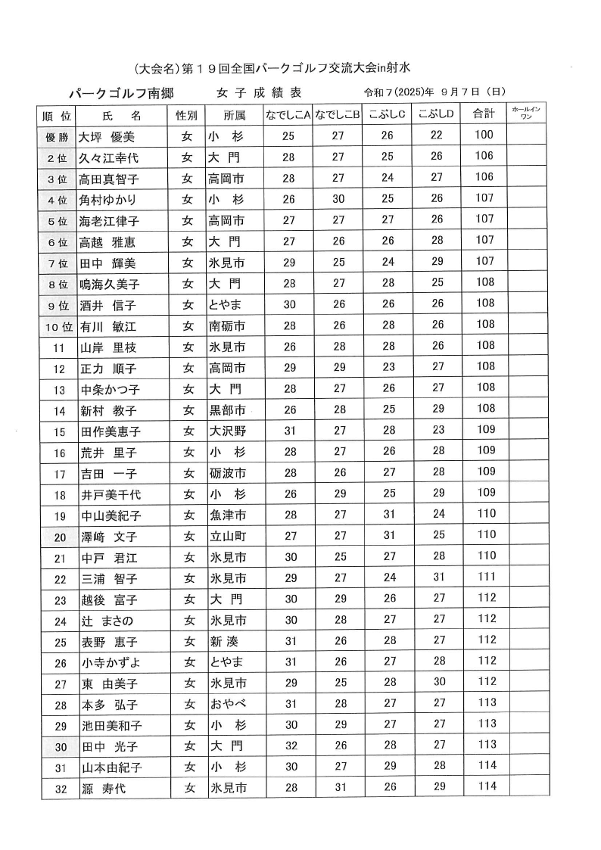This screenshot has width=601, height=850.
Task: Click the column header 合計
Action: tap(484, 114)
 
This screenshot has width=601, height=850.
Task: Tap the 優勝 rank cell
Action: tap(57, 137)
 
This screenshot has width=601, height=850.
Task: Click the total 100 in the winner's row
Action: tap(484, 135)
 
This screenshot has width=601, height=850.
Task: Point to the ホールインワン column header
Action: tap(526, 114)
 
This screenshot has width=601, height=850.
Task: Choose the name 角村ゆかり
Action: tap(109, 201)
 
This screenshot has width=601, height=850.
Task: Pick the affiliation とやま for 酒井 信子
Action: tap(226, 305)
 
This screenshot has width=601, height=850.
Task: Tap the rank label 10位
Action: tap(58, 327)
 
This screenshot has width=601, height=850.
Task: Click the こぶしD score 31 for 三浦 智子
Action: tap(437, 578)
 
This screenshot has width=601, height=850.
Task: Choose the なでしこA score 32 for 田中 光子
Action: tap(288, 745)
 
